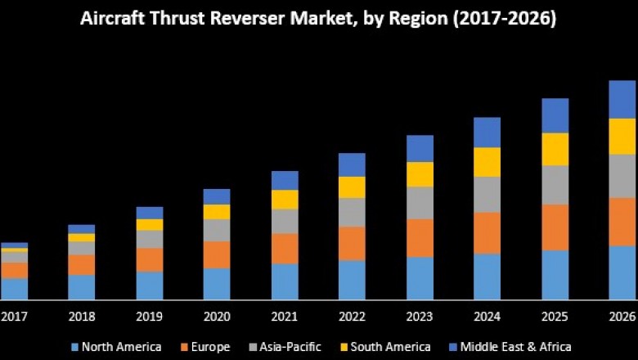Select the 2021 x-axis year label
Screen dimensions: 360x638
coord(285,317)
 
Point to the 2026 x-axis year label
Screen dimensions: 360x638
coord(622,317)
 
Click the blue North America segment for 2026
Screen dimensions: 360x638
coord(622,272)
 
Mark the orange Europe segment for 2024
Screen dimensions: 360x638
coord(487,232)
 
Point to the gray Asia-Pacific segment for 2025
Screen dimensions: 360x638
coord(555,185)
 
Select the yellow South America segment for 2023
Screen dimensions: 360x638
coord(420,173)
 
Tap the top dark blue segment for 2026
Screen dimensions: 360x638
coord(622,99)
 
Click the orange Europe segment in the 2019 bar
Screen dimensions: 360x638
coord(150,259)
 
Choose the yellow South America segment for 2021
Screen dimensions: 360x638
coord(285,200)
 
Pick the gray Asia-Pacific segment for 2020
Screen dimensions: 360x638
coord(217,230)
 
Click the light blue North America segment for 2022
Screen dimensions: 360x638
coord(352,280)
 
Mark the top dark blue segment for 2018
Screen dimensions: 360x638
coord(82,229)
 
